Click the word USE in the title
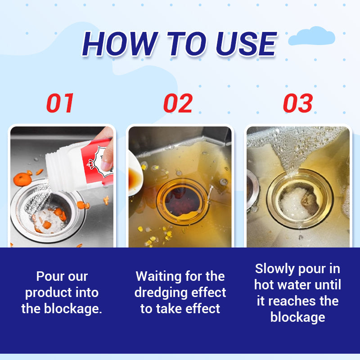click(x=246, y=44)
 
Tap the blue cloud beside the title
click(x=311, y=36)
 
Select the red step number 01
click(x=60, y=103)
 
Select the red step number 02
click(x=178, y=103)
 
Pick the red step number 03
click(x=298, y=103)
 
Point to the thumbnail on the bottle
click(x=106, y=165)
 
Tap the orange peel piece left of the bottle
click(x=22, y=179)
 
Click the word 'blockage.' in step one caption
click(x=73, y=309)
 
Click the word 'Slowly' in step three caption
click(x=275, y=269)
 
